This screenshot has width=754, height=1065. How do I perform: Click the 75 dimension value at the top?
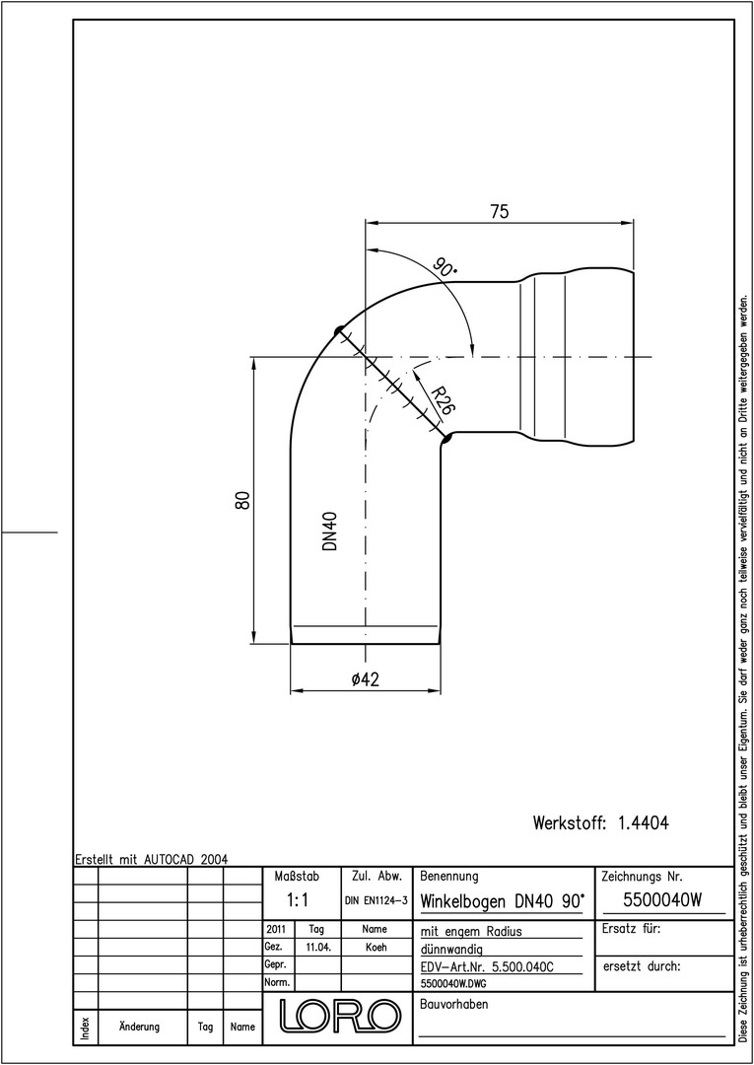[499, 211]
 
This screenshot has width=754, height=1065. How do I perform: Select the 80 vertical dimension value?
[244, 499]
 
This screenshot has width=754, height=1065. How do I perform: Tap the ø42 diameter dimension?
[365, 678]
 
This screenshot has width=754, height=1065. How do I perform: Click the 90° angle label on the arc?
[445, 267]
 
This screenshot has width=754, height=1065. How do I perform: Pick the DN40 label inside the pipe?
[330, 532]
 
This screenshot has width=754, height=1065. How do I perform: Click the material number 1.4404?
[644, 822]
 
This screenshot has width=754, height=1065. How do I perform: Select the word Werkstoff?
[569, 822]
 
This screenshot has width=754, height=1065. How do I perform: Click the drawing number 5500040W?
[661, 900]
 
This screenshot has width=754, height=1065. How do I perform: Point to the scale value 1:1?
[298, 900]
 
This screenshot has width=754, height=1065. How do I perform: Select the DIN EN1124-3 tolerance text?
[376, 900]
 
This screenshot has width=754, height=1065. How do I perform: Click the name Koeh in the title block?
[376, 947]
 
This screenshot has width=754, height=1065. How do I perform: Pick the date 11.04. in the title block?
[318, 947]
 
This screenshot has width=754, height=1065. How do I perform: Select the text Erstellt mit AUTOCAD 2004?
[152, 859]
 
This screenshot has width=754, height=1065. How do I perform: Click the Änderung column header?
[139, 1027]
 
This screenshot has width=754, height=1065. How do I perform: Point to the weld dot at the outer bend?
[338, 331]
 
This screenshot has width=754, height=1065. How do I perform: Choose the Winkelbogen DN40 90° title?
[503, 901]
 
